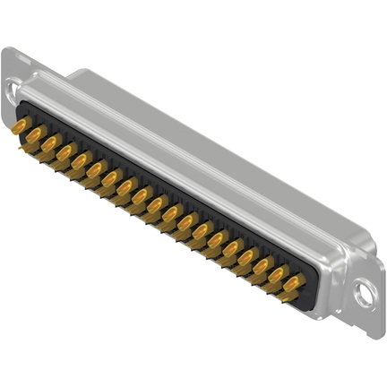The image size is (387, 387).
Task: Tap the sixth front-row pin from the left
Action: tap(93, 174)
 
